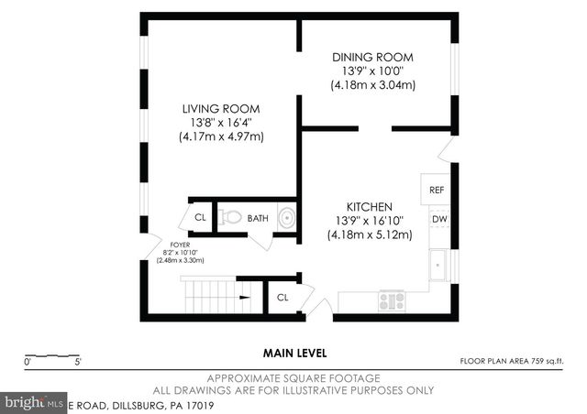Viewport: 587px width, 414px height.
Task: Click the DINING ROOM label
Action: point(373,57)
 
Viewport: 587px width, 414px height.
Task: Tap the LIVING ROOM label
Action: point(221,108)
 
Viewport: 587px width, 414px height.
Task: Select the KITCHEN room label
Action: point(370,207)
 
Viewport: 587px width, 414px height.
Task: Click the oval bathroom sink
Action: point(287,218)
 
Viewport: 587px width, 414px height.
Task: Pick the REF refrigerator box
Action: point(437,190)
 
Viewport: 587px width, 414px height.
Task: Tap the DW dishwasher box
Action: point(438,219)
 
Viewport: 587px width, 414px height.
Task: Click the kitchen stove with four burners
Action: point(392,300)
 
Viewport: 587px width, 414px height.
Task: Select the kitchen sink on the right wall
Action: point(440,265)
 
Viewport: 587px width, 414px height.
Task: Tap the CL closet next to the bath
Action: point(200,218)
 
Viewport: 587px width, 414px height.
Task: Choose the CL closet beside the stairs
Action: point(282,298)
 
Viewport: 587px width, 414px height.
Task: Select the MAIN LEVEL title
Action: point(294,353)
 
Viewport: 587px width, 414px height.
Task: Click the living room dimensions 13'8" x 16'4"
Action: point(221,123)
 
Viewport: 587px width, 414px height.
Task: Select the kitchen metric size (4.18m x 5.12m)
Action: point(370,235)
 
